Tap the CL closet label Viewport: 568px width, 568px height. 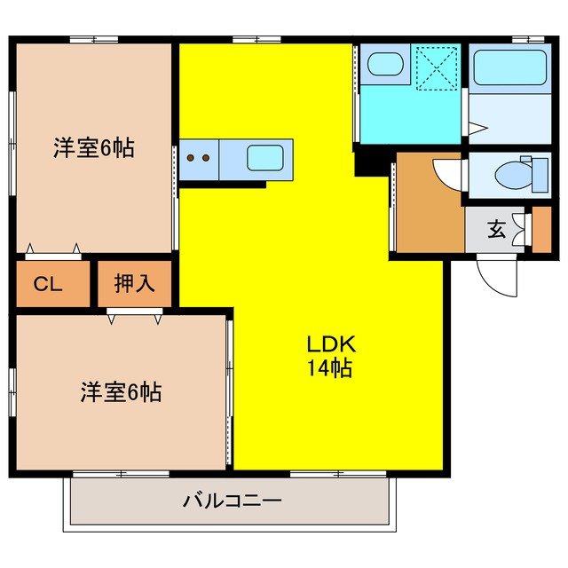(x=49, y=285)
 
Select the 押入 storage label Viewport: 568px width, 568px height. (x=135, y=284)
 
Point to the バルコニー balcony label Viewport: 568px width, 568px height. (x=233, y=501)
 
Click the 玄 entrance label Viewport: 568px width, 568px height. (x=495, y=230)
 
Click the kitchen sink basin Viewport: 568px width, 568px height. (x=266, y=159)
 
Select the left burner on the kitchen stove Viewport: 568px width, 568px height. (x=191, y=160)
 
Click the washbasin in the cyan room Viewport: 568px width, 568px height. (x=384, y=65)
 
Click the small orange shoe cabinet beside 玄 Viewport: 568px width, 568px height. (x=540, y=230)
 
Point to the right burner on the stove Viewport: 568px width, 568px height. (x=207, y=160)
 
